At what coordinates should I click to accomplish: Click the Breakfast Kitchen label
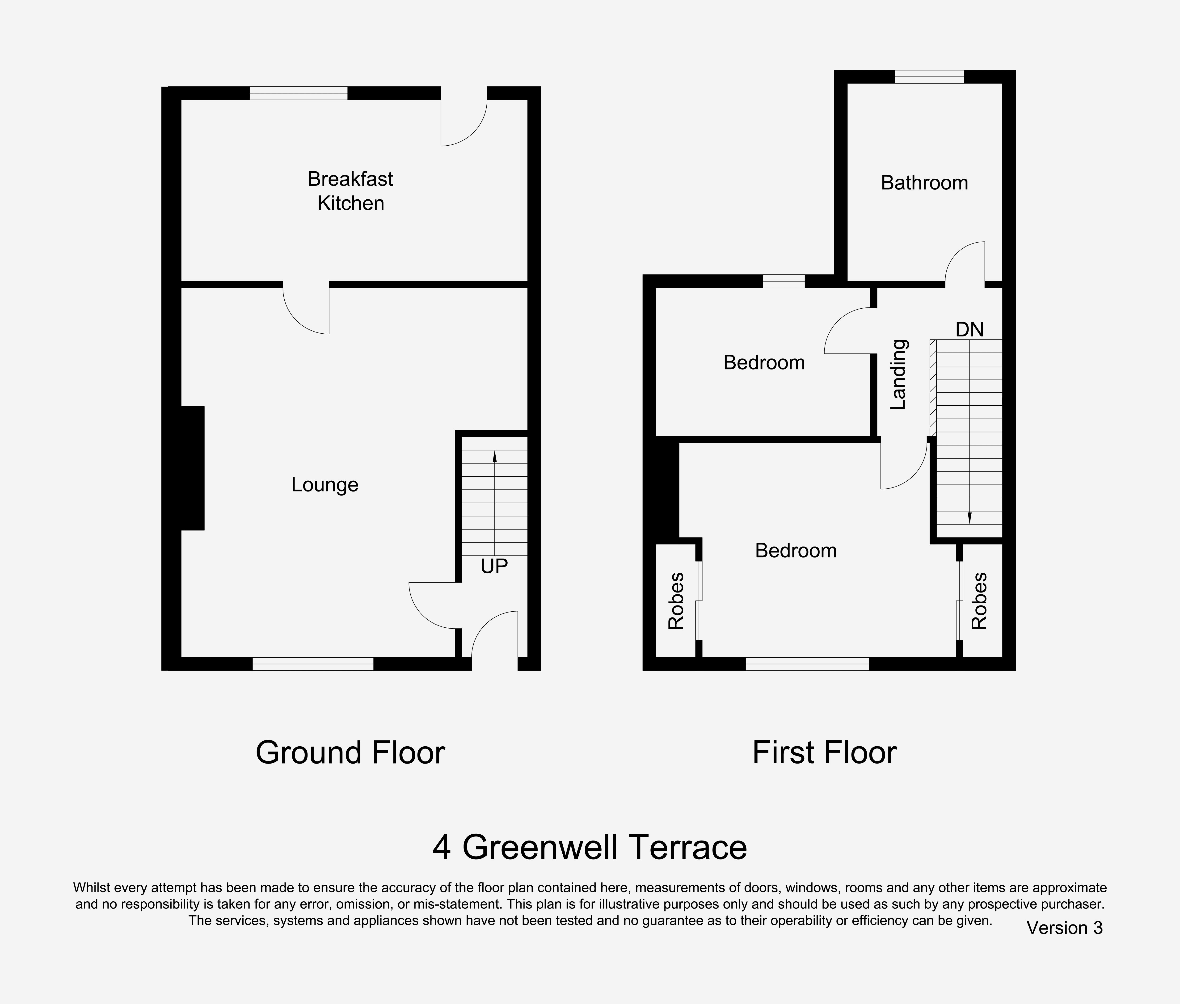350,191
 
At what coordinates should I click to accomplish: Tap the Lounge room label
325,485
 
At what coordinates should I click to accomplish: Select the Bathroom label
924,183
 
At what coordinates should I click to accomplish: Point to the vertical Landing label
898,374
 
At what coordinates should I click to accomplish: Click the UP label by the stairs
494,566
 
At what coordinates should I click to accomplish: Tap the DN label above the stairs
969,330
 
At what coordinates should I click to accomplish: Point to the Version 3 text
1064,928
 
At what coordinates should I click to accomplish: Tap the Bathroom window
930,77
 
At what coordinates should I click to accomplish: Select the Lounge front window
313,664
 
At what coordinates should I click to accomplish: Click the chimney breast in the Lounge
192,468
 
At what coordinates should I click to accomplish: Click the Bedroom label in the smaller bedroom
764,363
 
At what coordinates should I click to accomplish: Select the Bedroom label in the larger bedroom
796,550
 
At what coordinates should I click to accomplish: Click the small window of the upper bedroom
784,281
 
